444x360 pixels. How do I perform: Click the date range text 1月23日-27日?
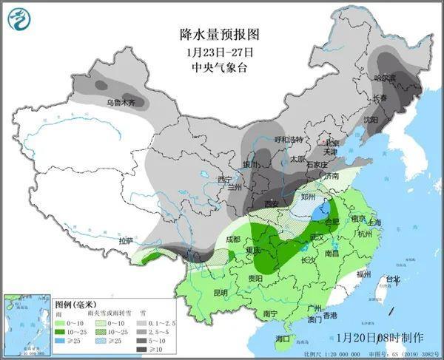tap(221, 52)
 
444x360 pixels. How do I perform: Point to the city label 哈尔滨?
tap(385, 78)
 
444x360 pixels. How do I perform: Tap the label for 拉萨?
tap(127, 241)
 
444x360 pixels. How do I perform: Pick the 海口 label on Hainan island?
tap(282, 338)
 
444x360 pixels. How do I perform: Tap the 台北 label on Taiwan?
tap(391, 279)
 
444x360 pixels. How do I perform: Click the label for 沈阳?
tap(369, 118)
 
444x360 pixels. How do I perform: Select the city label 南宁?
tap(270, 313)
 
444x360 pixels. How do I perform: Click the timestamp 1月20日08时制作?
tap(380, 337)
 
